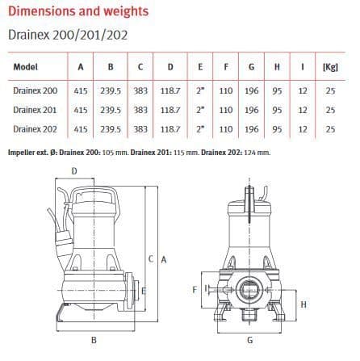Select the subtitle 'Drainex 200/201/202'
click(x=66, y=35)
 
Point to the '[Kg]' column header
click(x=329, y=68)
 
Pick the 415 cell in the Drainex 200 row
click(x=80, y=90)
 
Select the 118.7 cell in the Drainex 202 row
click(x=170, y=128)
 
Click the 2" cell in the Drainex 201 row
click(x=199, y=109)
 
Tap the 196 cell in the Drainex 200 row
click(x=251, y=90)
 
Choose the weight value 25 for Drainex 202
click(x=329, y=128)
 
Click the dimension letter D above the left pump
click(x=74, y=171)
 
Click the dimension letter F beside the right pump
click(x=195, y=288)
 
